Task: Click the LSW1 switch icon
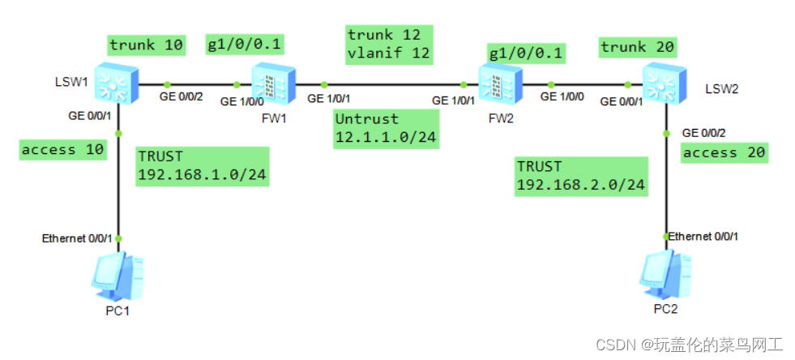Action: click(113, 80)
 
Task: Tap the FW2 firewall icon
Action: click(494, 82)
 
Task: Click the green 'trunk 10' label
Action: click(147, 45)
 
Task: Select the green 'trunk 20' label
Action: click(637, 48)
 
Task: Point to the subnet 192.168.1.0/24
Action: click(202, 174)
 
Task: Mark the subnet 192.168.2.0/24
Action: click(580, 185)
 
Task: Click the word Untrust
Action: click(366, 119)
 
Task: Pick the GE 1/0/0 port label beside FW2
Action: click(561, 96)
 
